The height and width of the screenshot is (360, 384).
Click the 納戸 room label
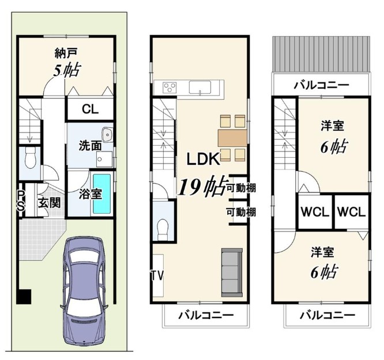[x=66, y=53]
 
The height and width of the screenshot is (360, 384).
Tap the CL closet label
[x=91, y=109]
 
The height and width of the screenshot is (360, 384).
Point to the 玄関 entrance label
[x=49, y=203]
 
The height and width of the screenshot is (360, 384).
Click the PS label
[x=21, y=201]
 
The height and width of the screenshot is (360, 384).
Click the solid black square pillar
[x=24, y=297]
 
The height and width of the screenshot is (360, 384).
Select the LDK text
[x=203, y=159]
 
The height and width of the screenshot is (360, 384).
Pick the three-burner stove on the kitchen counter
[x=170, y=88]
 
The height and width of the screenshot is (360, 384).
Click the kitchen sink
[x=200, y=88]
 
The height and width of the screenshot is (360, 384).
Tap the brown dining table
[x=232, y=138]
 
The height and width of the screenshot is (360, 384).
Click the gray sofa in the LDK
[x=232, y=272]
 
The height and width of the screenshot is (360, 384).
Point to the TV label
[x=157, y=275]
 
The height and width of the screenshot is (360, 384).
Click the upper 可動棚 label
[x=241, y=188]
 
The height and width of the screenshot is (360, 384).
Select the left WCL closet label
[x=315, y=212]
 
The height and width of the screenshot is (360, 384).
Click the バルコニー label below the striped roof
[x=322, y=85]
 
